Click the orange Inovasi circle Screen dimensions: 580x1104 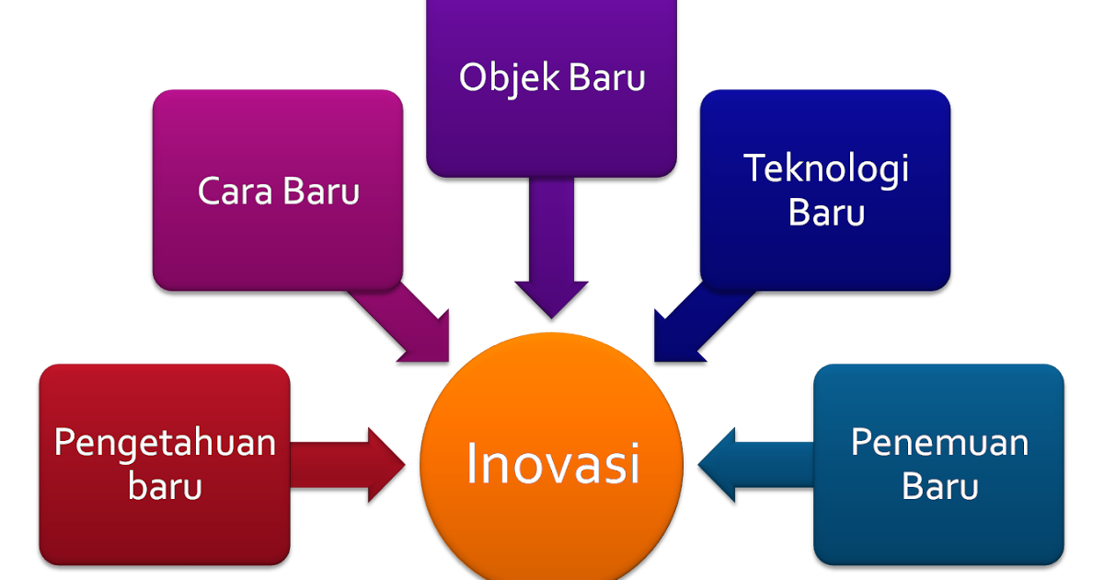(550, 516)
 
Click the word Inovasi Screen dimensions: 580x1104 (552, 463)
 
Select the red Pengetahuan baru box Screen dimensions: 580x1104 (165, 525)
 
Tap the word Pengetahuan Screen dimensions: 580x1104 (165, 443)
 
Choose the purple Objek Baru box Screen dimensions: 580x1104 (551, 129)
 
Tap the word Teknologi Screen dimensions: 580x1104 (825, 168)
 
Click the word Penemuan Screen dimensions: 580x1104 (938, 443)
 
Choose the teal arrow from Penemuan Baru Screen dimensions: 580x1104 (754, 464)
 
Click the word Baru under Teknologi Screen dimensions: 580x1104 (825, 214)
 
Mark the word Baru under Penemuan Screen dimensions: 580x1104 (938, 486)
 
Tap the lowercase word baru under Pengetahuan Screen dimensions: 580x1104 (165, 486)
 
